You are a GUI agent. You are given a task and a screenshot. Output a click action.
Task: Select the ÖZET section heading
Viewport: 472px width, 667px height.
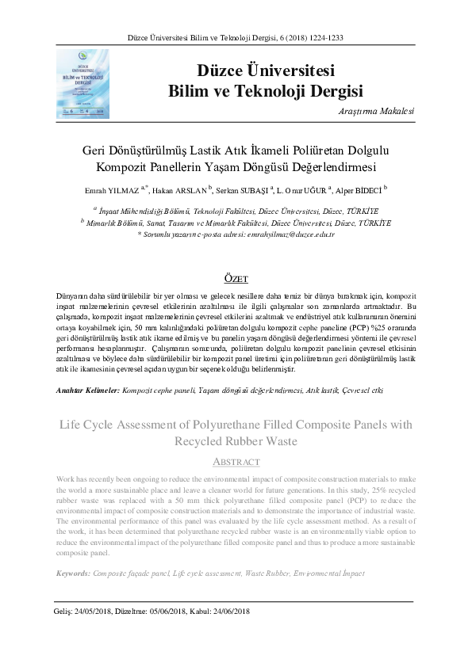[x=236, y=279]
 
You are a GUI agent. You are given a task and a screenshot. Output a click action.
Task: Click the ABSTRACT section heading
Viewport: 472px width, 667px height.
[x=236, y=462]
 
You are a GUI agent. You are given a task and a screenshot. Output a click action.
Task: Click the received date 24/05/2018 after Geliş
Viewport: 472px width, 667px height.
[x=93, y=611]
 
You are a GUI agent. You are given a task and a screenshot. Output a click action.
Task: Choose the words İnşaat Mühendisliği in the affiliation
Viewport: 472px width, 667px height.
[x=139, y=211]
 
